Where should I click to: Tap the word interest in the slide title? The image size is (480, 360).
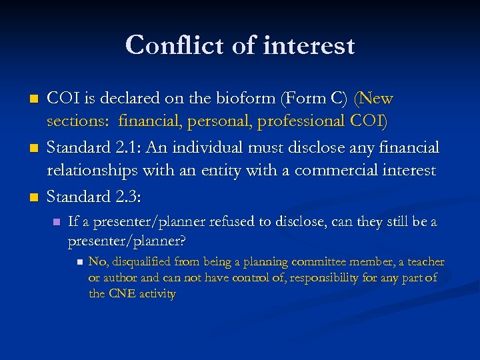(x=309, y=45)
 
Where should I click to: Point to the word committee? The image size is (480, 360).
(x=323, y=262)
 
